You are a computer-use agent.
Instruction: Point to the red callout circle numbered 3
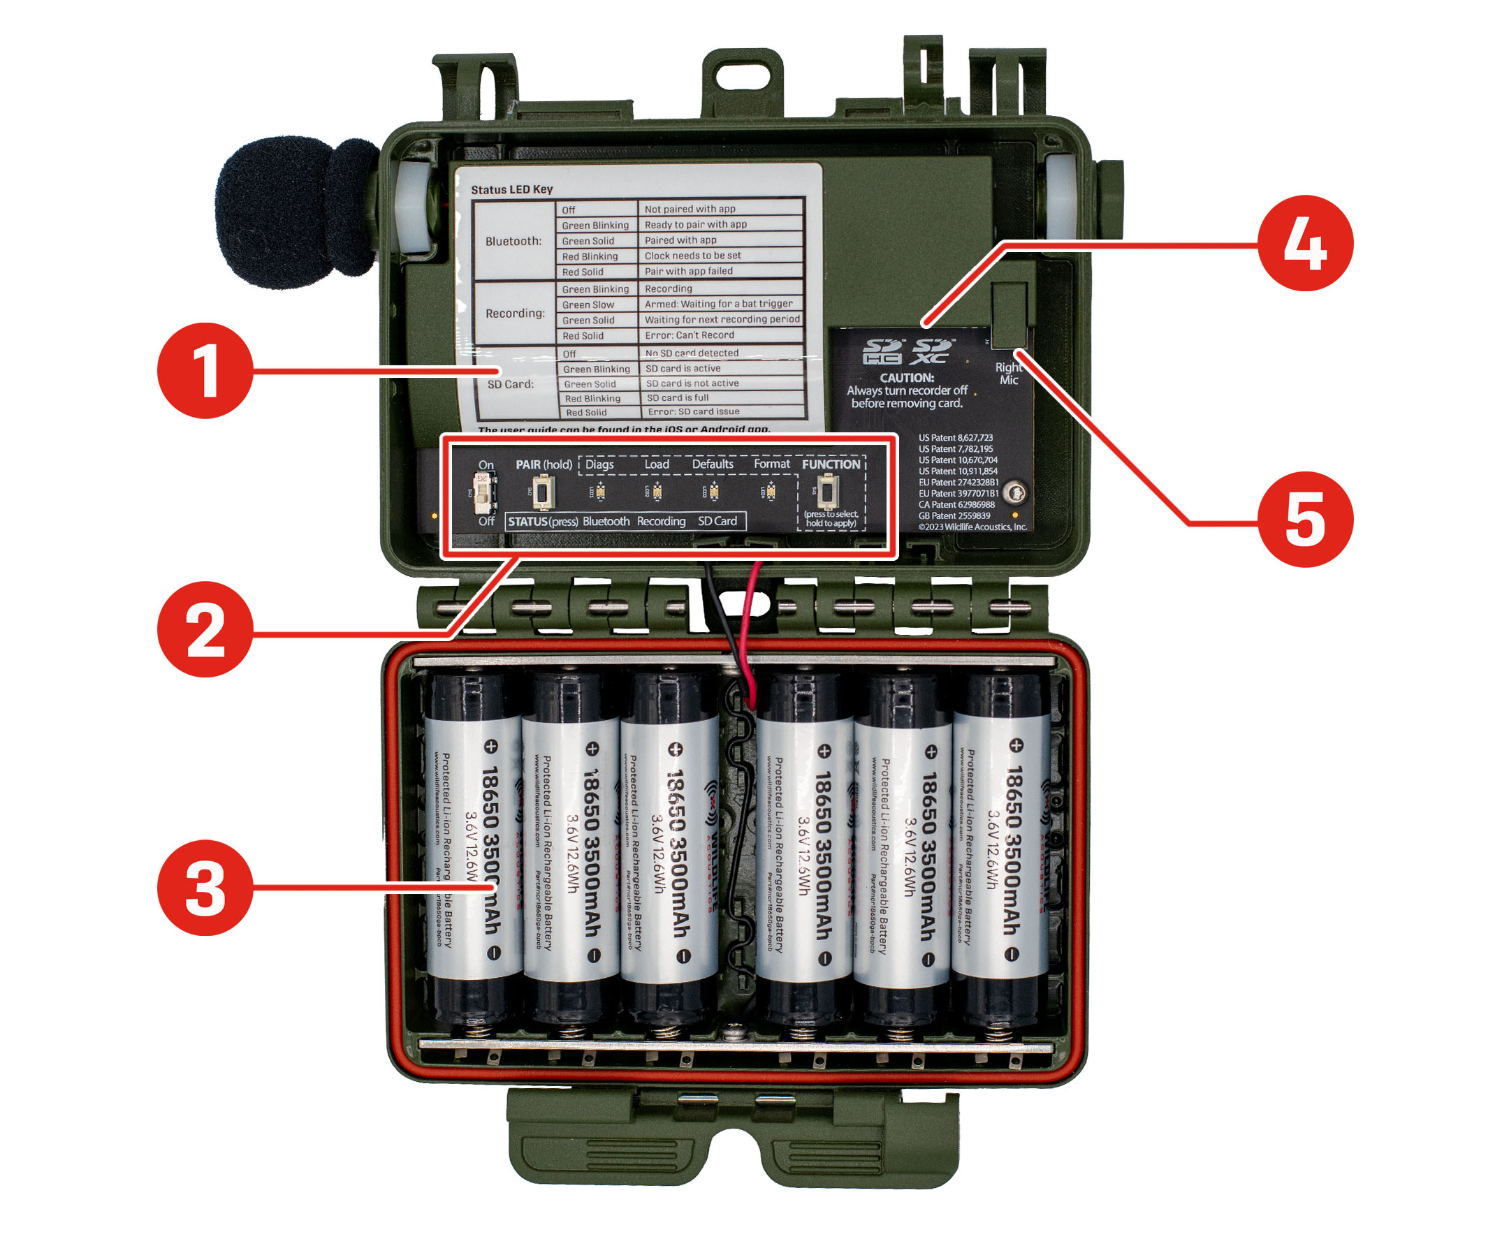[x=205, y=887]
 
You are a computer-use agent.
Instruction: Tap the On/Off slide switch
[x=485, y=492]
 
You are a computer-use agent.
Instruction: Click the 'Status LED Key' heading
[x=511, y=189]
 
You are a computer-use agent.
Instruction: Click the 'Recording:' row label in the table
[x=514, y=313]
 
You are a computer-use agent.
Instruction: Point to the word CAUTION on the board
[x=906, y=378]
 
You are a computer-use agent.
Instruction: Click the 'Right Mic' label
[x=1008, y=373]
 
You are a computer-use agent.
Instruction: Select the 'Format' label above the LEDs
[x=771, y=464]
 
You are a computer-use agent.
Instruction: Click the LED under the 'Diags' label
[x=600, y=492]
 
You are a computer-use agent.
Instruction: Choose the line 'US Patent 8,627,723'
[x=955, y=437]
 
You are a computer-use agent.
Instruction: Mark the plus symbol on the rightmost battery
[x=1016, y=745]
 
